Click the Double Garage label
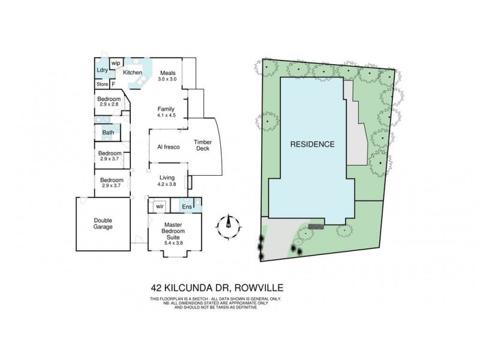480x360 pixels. coord(103,223)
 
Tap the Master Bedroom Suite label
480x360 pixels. coord(174,231)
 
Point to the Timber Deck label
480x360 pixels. coord(202,146)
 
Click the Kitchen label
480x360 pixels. coord(133,73)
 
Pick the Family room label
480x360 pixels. coord(166,108)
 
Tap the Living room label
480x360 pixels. coord(166,178)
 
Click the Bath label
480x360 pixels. coord(108,133)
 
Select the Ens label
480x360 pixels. coord(186,207)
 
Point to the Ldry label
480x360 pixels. coord(102,70)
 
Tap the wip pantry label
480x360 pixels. coord(116,62)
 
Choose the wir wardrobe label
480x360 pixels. coord(160,206)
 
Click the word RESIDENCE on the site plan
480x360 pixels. coord(313,144)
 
